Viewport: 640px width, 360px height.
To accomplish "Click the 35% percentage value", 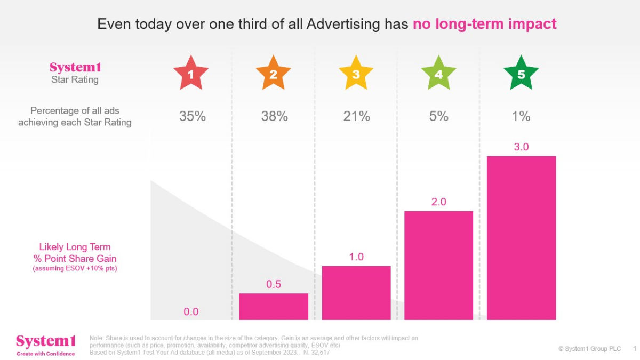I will pos(193,116).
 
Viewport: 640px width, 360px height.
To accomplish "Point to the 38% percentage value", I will pos(275,116).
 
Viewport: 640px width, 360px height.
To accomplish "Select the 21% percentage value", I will pos(357,116).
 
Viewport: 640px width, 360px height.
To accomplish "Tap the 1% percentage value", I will pos(521,116).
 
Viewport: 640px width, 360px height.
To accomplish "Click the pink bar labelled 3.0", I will pos(521,238).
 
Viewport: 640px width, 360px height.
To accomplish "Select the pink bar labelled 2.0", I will pos(438,265).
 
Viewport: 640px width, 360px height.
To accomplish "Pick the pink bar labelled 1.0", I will pos(356,293).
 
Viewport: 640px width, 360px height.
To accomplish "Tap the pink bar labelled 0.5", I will pos(274,307).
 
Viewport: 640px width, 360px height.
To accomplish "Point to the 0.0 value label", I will pos(191,312).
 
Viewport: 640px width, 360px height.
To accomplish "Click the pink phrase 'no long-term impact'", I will pos(485,24).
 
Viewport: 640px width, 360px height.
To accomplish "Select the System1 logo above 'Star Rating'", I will pos(75,68).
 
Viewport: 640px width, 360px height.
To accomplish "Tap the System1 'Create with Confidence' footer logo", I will pos(45,344).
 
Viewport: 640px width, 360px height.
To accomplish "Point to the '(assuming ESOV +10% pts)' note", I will pos(75,268).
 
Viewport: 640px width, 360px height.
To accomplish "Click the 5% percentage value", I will pos(439,116).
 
